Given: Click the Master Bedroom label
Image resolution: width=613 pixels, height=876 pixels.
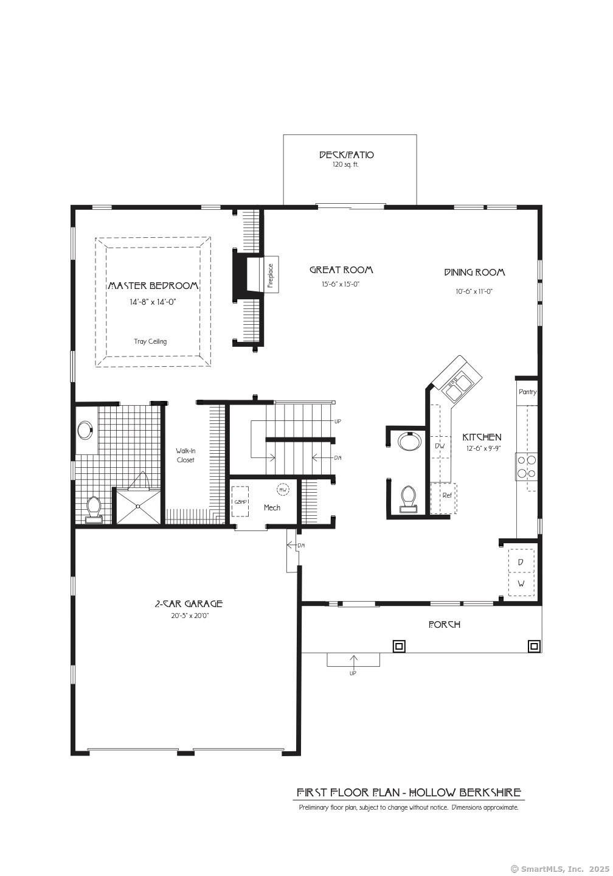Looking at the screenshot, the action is pos(153,285).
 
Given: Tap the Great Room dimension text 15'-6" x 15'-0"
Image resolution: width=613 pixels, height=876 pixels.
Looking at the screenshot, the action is pos(341,284).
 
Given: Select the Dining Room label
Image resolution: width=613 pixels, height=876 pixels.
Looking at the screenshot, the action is pos(474,272).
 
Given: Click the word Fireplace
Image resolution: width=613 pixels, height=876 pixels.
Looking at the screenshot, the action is pos(271,276).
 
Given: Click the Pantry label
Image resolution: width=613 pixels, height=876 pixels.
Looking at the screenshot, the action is pos(527,392).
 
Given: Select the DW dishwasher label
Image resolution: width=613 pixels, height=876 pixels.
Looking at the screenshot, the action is pos(440,445).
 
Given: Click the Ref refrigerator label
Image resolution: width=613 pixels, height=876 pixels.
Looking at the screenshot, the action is pos(447,495).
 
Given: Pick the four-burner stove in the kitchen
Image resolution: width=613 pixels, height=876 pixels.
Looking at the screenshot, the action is pos(526,467).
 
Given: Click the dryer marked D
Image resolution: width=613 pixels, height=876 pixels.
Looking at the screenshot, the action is pos(521,562).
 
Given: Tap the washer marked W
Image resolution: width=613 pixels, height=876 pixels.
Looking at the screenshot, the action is pos(521,584).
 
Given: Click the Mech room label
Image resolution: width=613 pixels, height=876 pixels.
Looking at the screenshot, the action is pos(272,507).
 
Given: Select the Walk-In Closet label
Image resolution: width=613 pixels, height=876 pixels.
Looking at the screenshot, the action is pos(185,456).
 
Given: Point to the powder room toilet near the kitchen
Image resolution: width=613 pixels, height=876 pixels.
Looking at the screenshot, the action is pos(409,499).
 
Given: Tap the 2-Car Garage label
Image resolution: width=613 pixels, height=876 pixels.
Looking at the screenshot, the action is pos(189,604).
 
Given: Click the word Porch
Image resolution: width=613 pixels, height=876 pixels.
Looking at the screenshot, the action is pos(445,625).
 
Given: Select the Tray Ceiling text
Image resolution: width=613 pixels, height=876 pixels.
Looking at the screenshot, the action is pos(151,341).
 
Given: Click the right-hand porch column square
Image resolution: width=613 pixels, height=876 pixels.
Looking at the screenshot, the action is pos(534,646).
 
